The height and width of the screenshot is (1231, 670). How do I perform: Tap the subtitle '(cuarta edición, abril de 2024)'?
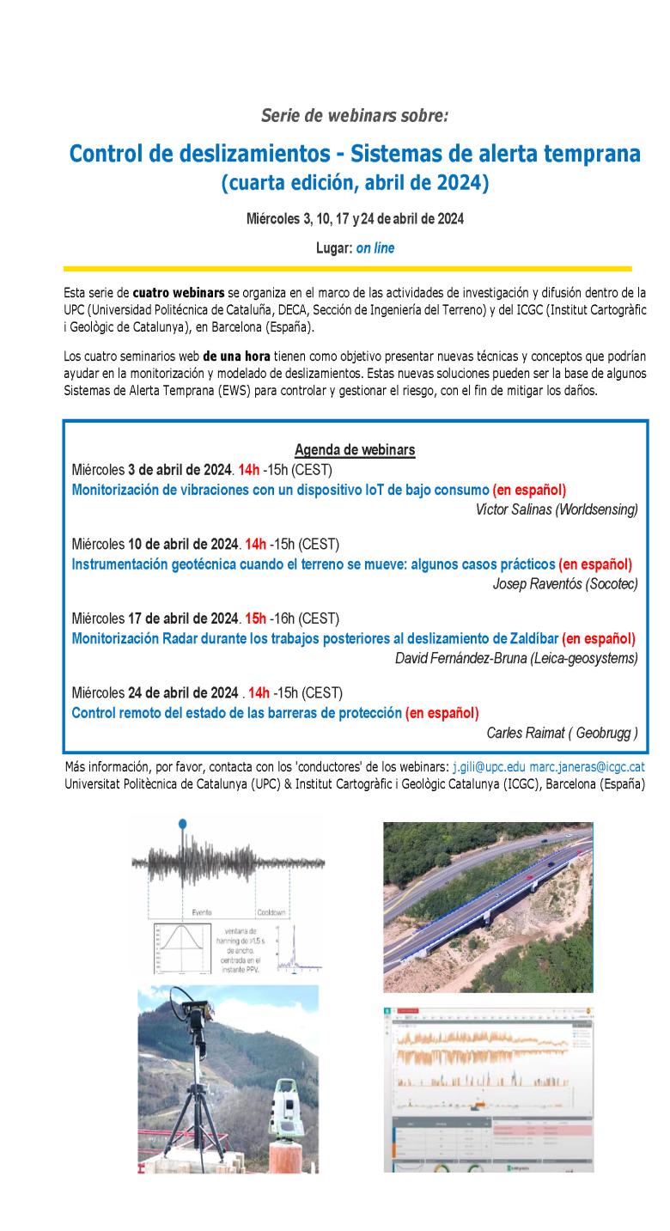(x=355, y=182)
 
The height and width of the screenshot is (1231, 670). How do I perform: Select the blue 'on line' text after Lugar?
(x=375, y=247)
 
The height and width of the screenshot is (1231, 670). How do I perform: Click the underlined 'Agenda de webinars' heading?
(x=355, y=450)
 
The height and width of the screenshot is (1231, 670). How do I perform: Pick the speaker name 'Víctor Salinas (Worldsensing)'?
(x=556, y=509)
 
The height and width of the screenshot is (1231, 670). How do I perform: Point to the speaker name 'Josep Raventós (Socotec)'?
(x=565, y=584)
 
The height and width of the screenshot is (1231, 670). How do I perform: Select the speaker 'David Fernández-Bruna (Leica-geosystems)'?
(x=515, y=658)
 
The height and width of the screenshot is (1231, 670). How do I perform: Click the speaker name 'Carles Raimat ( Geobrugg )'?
(x=562, y=733)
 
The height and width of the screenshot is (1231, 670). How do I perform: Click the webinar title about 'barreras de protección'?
(x=236, y=713)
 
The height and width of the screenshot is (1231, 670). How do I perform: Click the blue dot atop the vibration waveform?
(x=181, y=824)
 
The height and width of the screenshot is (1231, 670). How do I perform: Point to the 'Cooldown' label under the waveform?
(x=274, y=912)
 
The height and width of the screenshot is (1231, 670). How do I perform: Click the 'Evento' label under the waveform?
(x=202, y=912)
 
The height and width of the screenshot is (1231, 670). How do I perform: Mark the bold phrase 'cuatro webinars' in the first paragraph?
(x=179, y=293)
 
